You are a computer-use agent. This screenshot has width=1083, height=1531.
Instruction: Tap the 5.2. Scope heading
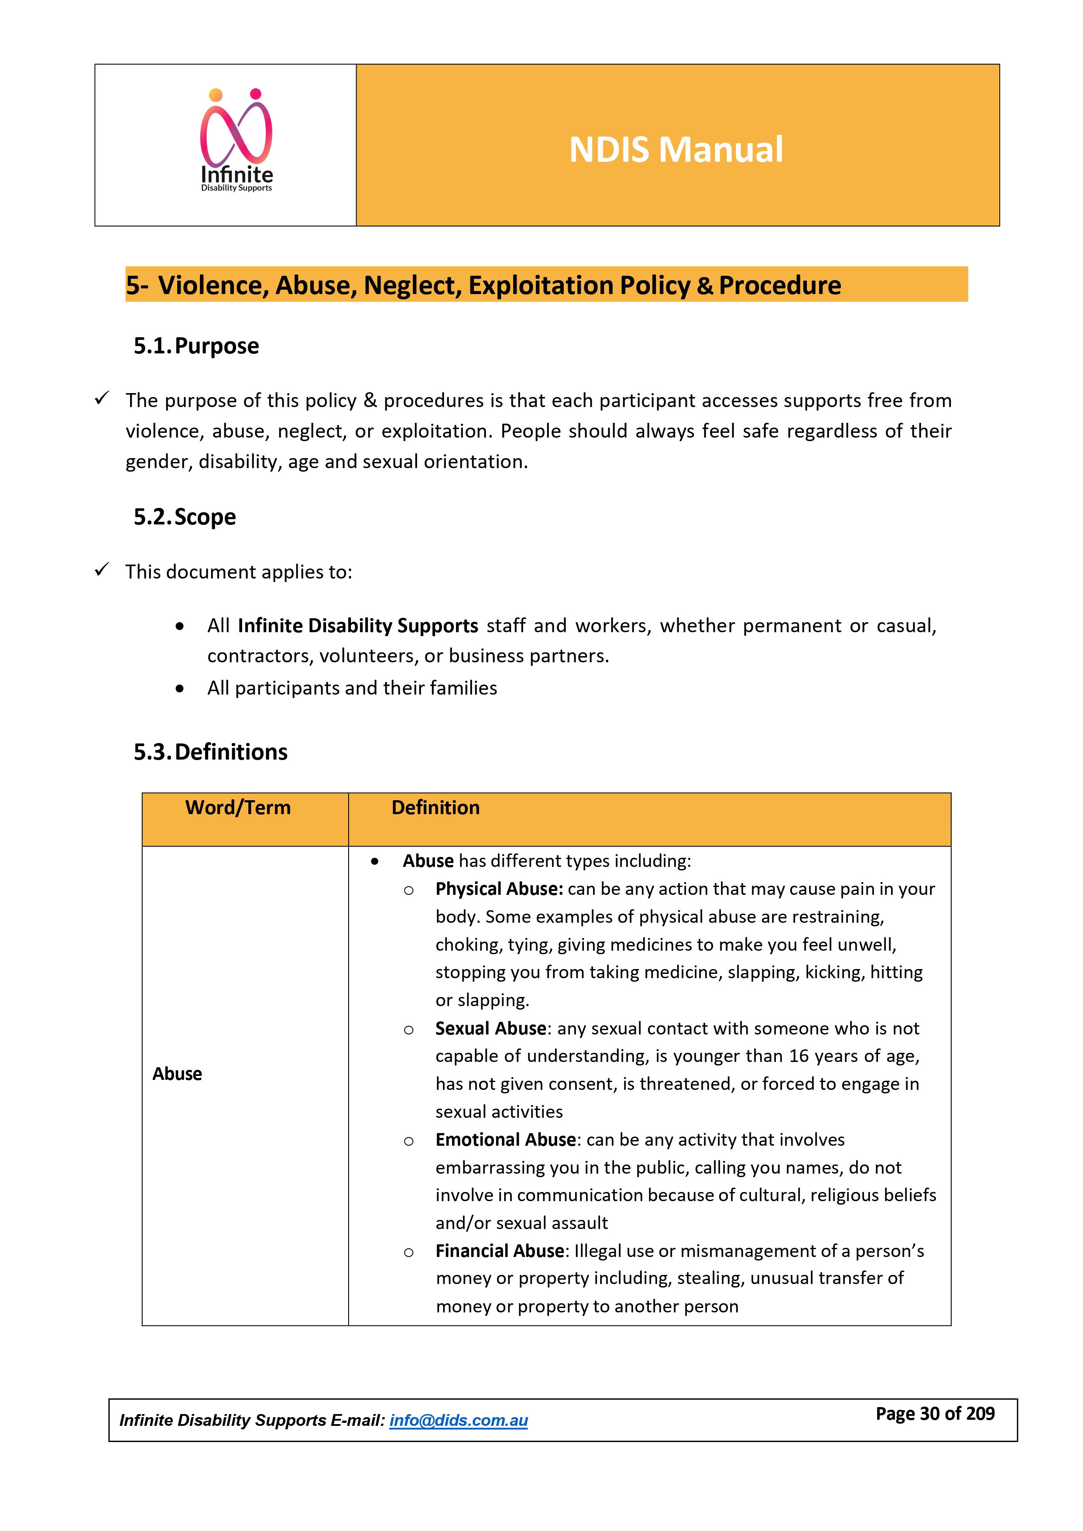click(x=185, y=517)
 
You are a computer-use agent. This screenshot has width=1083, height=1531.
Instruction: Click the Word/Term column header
click(x=238, y=808)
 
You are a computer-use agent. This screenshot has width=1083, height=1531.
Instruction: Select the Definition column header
click(x=435, y=808)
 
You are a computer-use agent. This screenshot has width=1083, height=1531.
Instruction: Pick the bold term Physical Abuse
click(x=499, y=889)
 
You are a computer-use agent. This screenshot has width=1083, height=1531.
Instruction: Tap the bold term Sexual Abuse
click(x=491, y=1028)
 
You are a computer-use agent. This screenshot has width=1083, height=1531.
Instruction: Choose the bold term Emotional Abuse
click(x=505, y=1140)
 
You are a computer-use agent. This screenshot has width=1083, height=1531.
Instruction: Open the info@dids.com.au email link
click(x=458, y=1420)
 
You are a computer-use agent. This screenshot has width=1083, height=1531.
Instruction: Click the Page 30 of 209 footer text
click(x=935, y=1414)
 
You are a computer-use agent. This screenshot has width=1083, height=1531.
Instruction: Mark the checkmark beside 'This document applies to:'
click(x=102, y=570)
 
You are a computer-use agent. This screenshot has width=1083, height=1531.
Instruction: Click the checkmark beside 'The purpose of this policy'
click(x=102, y=399)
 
